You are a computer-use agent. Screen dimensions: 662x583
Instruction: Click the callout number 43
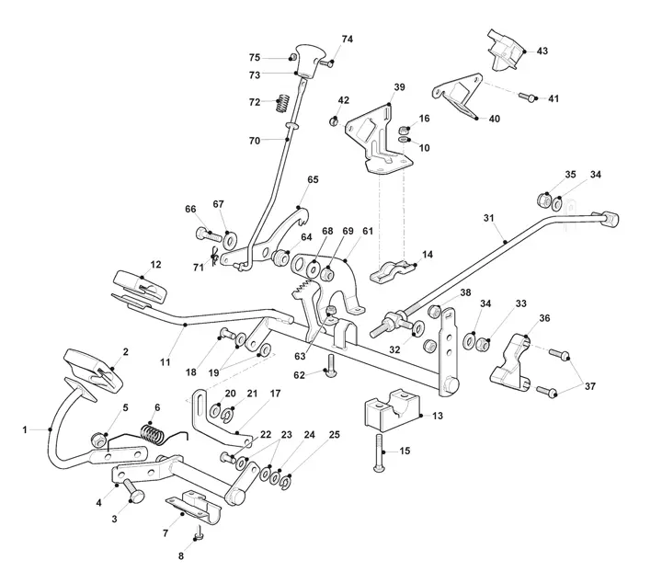542,51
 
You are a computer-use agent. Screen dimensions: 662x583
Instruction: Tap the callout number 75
255,58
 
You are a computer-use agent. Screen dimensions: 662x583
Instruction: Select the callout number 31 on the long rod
488,218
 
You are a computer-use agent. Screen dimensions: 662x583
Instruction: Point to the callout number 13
438,416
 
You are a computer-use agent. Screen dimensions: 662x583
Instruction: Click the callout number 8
181,556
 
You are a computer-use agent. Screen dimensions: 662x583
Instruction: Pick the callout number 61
368,231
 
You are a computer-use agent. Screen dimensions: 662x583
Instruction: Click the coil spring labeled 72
283,103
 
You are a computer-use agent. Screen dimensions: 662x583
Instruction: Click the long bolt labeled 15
379,453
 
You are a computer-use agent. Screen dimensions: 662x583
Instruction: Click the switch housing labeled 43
507,50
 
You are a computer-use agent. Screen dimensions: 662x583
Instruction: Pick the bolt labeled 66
209,234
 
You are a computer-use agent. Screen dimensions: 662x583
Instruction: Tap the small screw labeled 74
326,63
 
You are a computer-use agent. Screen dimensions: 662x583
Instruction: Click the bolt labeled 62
330,365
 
